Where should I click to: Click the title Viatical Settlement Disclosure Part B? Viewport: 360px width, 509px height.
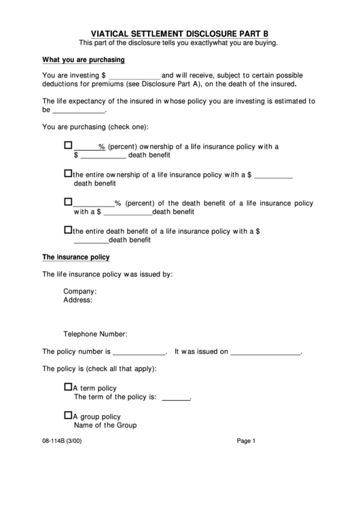(x=180, y=32)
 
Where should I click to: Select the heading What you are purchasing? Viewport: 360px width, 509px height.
(x=83, y=59)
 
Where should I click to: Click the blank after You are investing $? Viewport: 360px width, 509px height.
(x=134, y=75)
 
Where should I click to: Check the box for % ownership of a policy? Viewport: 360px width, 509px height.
(x=68, y=145)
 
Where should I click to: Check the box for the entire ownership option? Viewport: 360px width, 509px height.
(x=68, y=174)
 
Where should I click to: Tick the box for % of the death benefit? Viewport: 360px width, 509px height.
(x=68, y=202)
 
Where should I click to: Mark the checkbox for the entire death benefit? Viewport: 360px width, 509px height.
(x=68, y=230)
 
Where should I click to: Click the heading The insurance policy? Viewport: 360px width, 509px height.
(x=76, y=258)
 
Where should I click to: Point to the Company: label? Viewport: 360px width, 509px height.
(x=80, y=292)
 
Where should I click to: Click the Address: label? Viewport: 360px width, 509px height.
(x=78, y=300)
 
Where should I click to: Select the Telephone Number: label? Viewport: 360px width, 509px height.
(x=95, y=334)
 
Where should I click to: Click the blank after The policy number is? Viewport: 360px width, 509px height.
(x=139, y=352)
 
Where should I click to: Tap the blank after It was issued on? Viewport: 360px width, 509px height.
(x=266, y=352)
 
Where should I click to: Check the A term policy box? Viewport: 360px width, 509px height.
(x=68, y=387)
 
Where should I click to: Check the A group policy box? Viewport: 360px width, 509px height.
(x=68, y=415)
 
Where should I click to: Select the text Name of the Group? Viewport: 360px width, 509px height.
(x=105, y=425)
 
